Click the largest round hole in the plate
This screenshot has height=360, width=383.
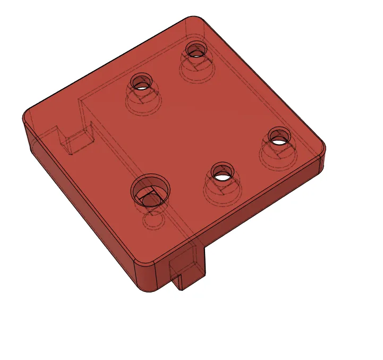[x=151, y=190]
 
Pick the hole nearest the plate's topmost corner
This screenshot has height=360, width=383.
[x=196, y=49]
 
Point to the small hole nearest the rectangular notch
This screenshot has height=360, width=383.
[x=141, y=82]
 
